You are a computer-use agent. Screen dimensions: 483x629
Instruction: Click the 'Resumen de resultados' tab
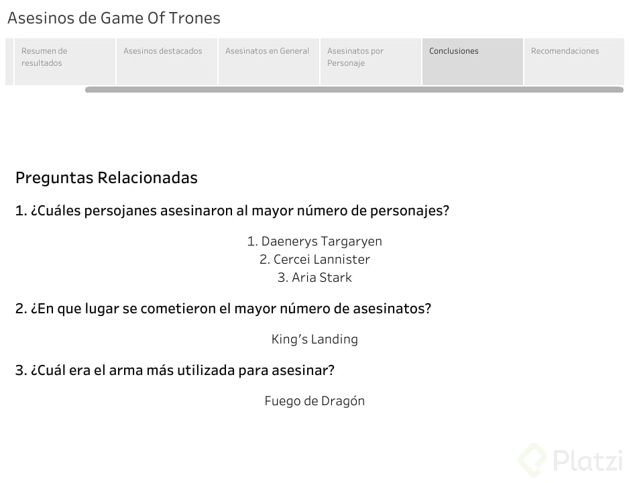pyautogui.click(x=65, y=61)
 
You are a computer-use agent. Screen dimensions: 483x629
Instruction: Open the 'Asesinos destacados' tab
pyautogui.click(x=167, y=61)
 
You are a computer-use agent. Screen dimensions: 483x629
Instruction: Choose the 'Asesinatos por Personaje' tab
pyautogui.click(x=371, y=61)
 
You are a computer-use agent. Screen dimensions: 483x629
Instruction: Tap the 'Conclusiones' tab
pyautogui.click(x=473, y=61)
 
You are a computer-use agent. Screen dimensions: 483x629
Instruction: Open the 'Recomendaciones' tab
pyautogui.click(x=574, y=61)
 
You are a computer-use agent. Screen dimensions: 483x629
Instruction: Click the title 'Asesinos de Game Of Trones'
pyautogui.click(x=114, y=18)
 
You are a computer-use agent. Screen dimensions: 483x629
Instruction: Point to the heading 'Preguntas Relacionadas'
pyautogui.click(x=106, y=178)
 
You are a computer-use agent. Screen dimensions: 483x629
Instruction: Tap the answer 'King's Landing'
pyautogui.click(x=314, y=339)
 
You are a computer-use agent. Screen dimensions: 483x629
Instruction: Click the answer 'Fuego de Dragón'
pyautogui.click(x=314, y=401)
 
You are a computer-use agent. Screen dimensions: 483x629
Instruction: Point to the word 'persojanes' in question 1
pyautogui.click(x=121, y=211)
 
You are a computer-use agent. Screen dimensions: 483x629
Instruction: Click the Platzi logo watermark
pyautogui.click(x=570, y=460)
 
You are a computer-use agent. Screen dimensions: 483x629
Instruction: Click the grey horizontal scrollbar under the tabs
pyautogui.click(x=354, y=89)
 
